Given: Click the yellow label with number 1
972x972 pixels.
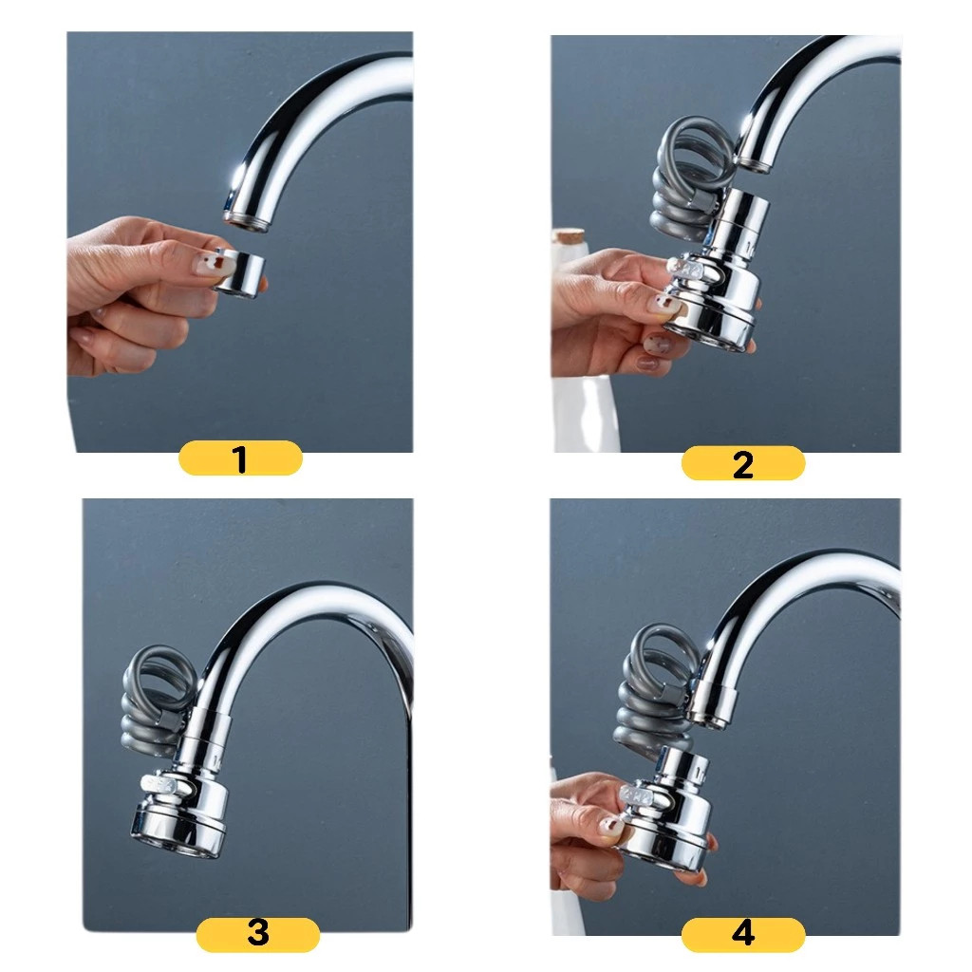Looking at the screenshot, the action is pyautogui.click(x=240, y=458).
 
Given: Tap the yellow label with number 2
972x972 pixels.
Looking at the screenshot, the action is pyautogui.click(x=742, y=463).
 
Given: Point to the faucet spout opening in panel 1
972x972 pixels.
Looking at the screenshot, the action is pyautogui.click(x=247, y=221).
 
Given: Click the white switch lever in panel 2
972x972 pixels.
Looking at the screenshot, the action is pyautogui.click(x=685, y=270).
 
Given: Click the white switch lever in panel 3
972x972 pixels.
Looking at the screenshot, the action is pyautogui.click(x=160, y=785).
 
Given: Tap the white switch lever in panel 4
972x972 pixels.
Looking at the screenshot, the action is pyautogui.click(x=640, y=794).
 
